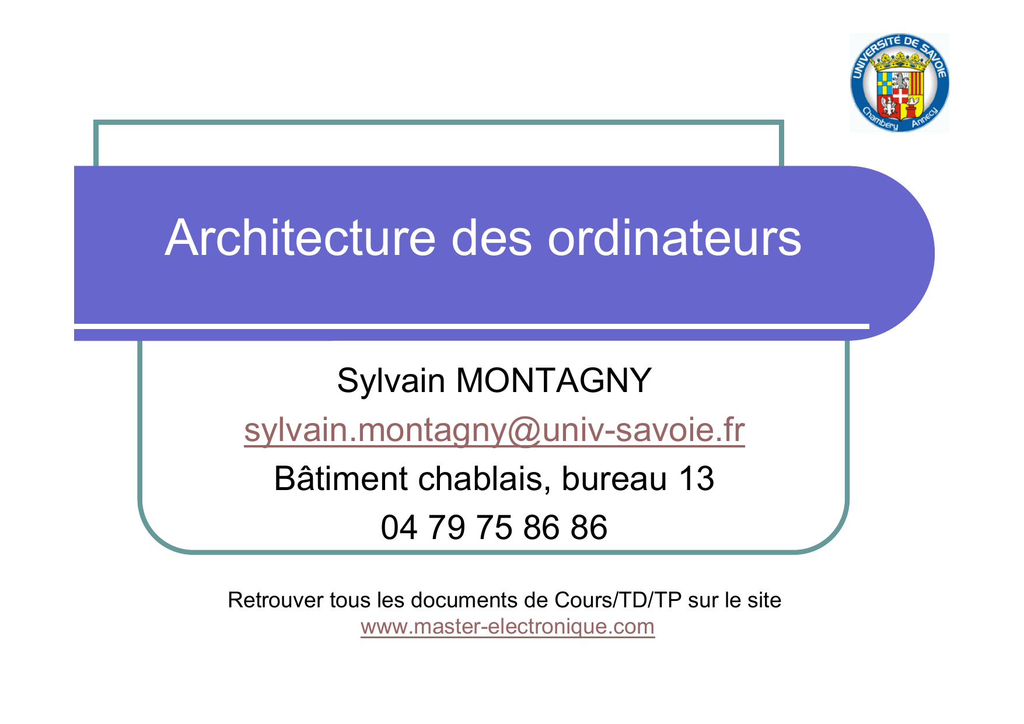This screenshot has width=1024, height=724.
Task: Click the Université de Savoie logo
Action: click(899, 82)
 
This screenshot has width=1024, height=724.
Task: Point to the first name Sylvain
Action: click(391, 381)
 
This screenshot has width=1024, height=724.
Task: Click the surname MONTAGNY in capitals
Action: click(553, 380)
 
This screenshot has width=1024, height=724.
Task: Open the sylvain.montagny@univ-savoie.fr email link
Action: click(494, 431)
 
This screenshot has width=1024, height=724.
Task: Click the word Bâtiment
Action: click(341, 478)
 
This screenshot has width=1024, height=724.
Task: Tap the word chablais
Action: click(484, 479)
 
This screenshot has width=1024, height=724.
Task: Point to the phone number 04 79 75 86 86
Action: click(494, 527)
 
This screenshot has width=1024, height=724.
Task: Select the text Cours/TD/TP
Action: click(618, 600)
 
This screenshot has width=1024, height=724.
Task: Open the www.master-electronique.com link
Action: click(508, 627)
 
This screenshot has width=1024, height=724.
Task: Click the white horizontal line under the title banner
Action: click(471, 326)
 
